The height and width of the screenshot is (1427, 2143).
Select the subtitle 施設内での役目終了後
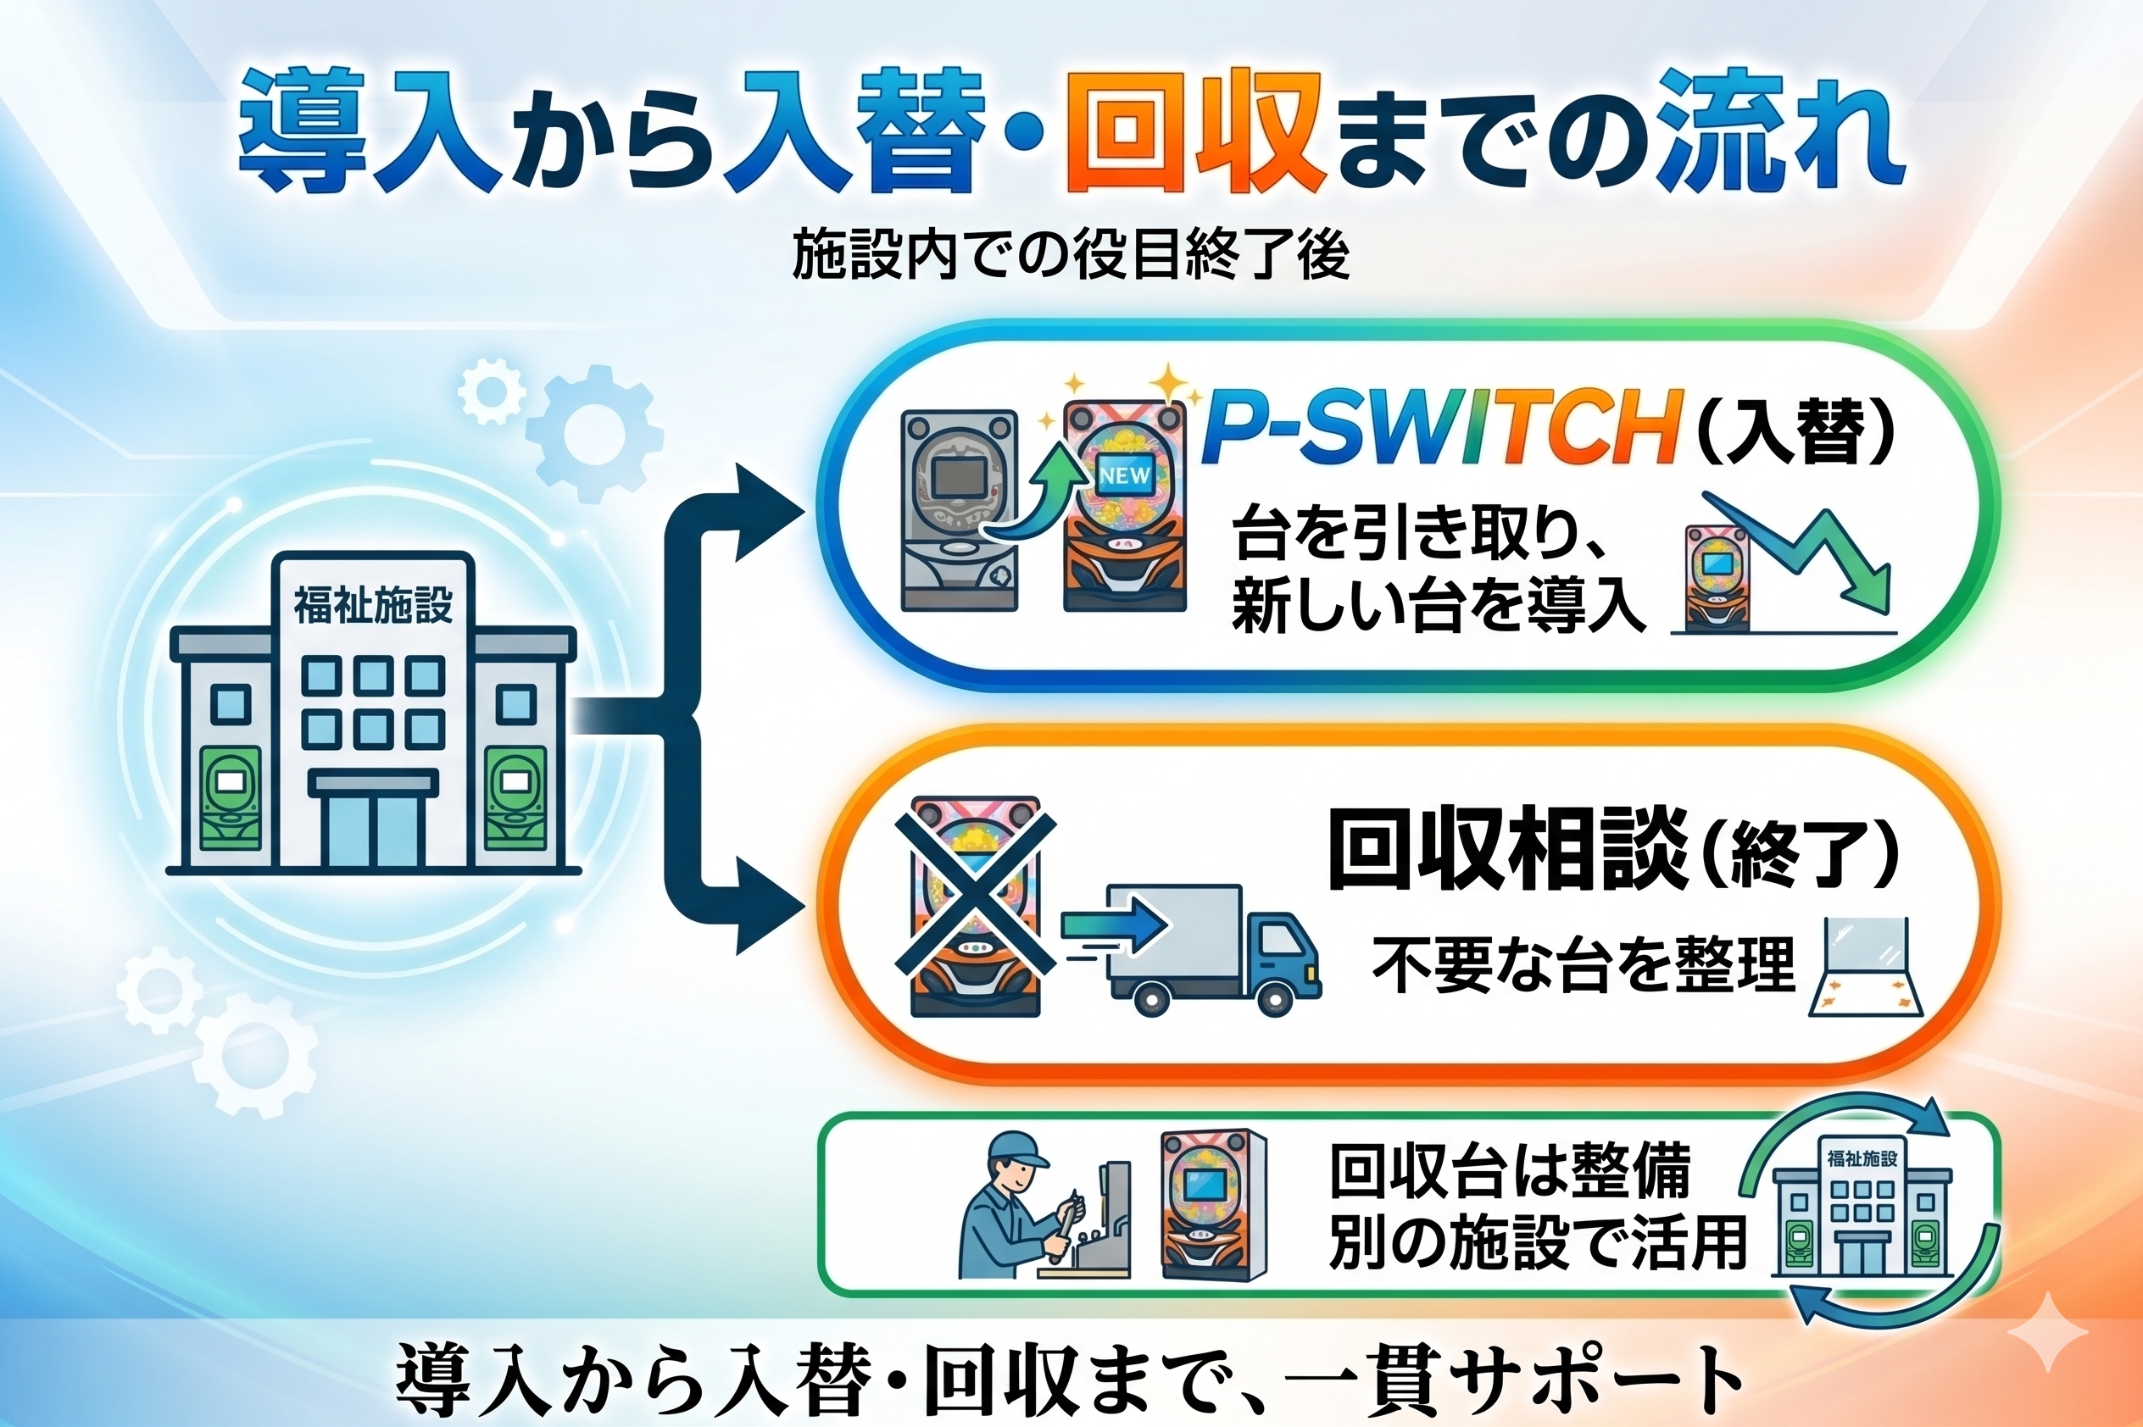[x=1071, y=254]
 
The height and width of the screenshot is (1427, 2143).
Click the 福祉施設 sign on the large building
[x=373, y=605]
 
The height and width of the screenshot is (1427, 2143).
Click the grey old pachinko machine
[x=958, y=509]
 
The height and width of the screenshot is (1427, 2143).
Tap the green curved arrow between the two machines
[x=1038, y=496]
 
